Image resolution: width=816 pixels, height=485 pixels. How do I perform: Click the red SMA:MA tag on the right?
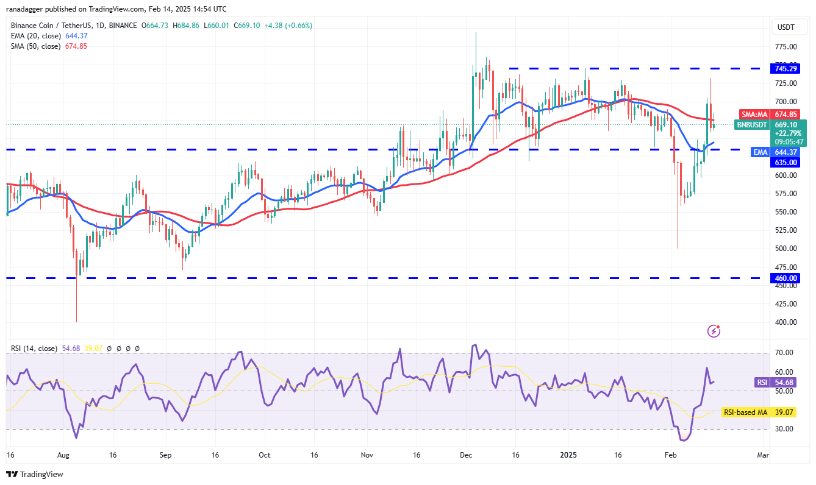(x=754, y=114)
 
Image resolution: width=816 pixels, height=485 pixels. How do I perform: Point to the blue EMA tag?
(x=760, y=152)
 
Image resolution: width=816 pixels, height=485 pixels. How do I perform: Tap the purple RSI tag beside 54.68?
(x=762, y=382)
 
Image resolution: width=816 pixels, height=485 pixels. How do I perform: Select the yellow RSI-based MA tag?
(x=745, y=412)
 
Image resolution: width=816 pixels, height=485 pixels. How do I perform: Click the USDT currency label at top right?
(x=786, y=27)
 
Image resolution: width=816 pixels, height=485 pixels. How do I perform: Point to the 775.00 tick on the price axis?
(x=786, y=46)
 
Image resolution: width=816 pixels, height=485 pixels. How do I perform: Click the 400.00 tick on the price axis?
(x=786, y=322)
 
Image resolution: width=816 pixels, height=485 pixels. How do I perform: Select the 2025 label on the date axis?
(x=568, y=455)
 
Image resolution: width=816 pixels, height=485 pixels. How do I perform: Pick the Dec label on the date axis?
(x=467, y=455)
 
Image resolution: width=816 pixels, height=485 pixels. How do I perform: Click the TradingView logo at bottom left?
(x=35, y=474)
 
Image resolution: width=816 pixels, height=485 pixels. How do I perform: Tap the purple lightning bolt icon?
(x=714, y=331)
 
